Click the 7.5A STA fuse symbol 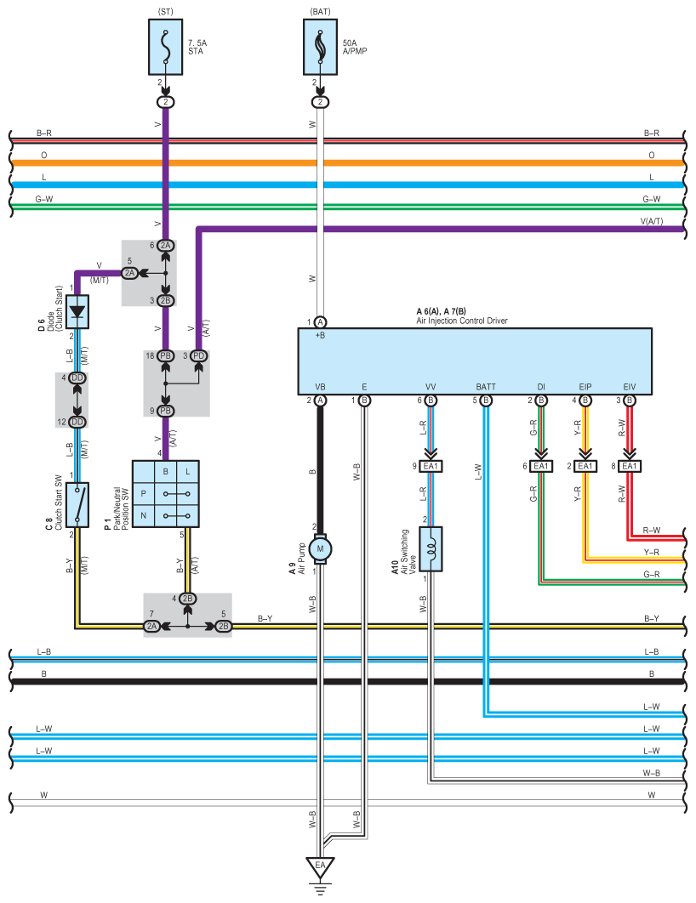166,47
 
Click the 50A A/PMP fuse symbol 320,47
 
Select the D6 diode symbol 77,311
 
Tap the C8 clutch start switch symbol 77,505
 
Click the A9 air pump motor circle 320,548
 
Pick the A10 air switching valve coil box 431,548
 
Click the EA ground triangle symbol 320,867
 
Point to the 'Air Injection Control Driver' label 462,321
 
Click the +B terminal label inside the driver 320,335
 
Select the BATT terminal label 486,387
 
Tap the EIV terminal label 629,387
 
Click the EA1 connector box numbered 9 431,466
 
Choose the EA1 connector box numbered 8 630,466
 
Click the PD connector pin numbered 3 199,356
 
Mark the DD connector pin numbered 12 77,422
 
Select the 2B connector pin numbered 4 188,599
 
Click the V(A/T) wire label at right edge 652,221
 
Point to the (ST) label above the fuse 165,12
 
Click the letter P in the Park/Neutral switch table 144,493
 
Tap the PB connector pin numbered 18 166,356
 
